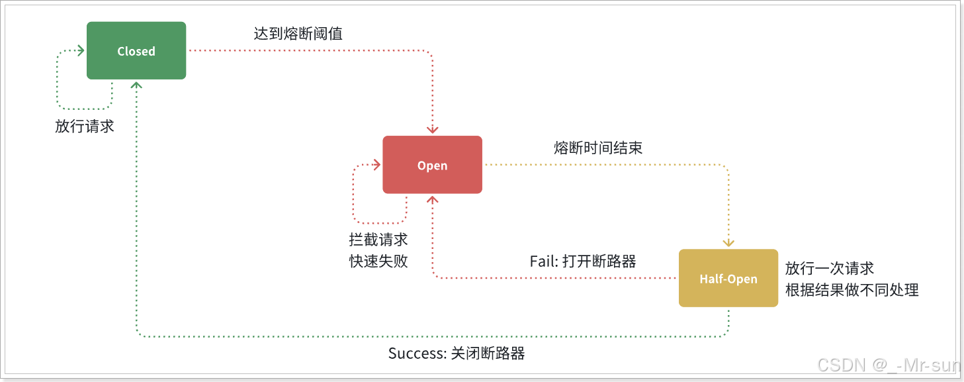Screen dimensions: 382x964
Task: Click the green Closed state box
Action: [x=136, y=51]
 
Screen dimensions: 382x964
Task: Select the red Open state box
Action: [x=432, y=165]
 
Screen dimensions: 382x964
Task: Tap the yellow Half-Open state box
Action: [x=728, y=278]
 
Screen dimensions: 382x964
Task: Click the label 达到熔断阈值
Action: [x=298, y=34]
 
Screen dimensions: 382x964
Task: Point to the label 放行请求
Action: [x=85, y=126]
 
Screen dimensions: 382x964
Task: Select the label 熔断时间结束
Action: [x=598, y=148]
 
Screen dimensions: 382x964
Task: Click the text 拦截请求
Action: [x=378, y=240]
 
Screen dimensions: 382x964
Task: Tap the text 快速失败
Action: [x=378, y=261]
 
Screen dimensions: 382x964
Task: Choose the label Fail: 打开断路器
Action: [x=583, y=261]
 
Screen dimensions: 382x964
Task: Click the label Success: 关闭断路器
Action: [x=457, y=353]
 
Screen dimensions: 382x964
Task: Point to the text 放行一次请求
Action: [x=830, y=268]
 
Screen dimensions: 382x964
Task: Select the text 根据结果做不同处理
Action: [x=852, y=290]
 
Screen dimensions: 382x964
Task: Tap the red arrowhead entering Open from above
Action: [x=433, y=130]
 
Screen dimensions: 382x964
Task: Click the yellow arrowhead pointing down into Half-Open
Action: [x=728, y=243]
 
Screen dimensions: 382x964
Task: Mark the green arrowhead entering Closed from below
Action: [x=136, y=85]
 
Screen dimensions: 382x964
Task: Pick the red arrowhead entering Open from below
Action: [x=433, y=199]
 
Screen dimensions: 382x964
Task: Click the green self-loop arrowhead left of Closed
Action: [x=81, y=51]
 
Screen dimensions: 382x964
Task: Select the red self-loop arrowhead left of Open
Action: [x=377, y=165]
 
